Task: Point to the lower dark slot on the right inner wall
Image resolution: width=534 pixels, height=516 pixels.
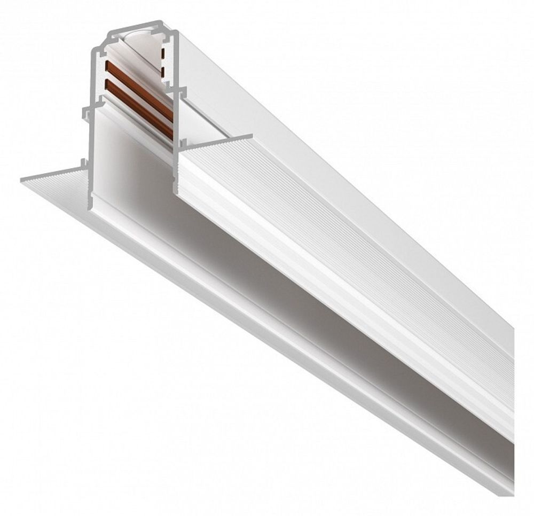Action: point(161,69)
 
